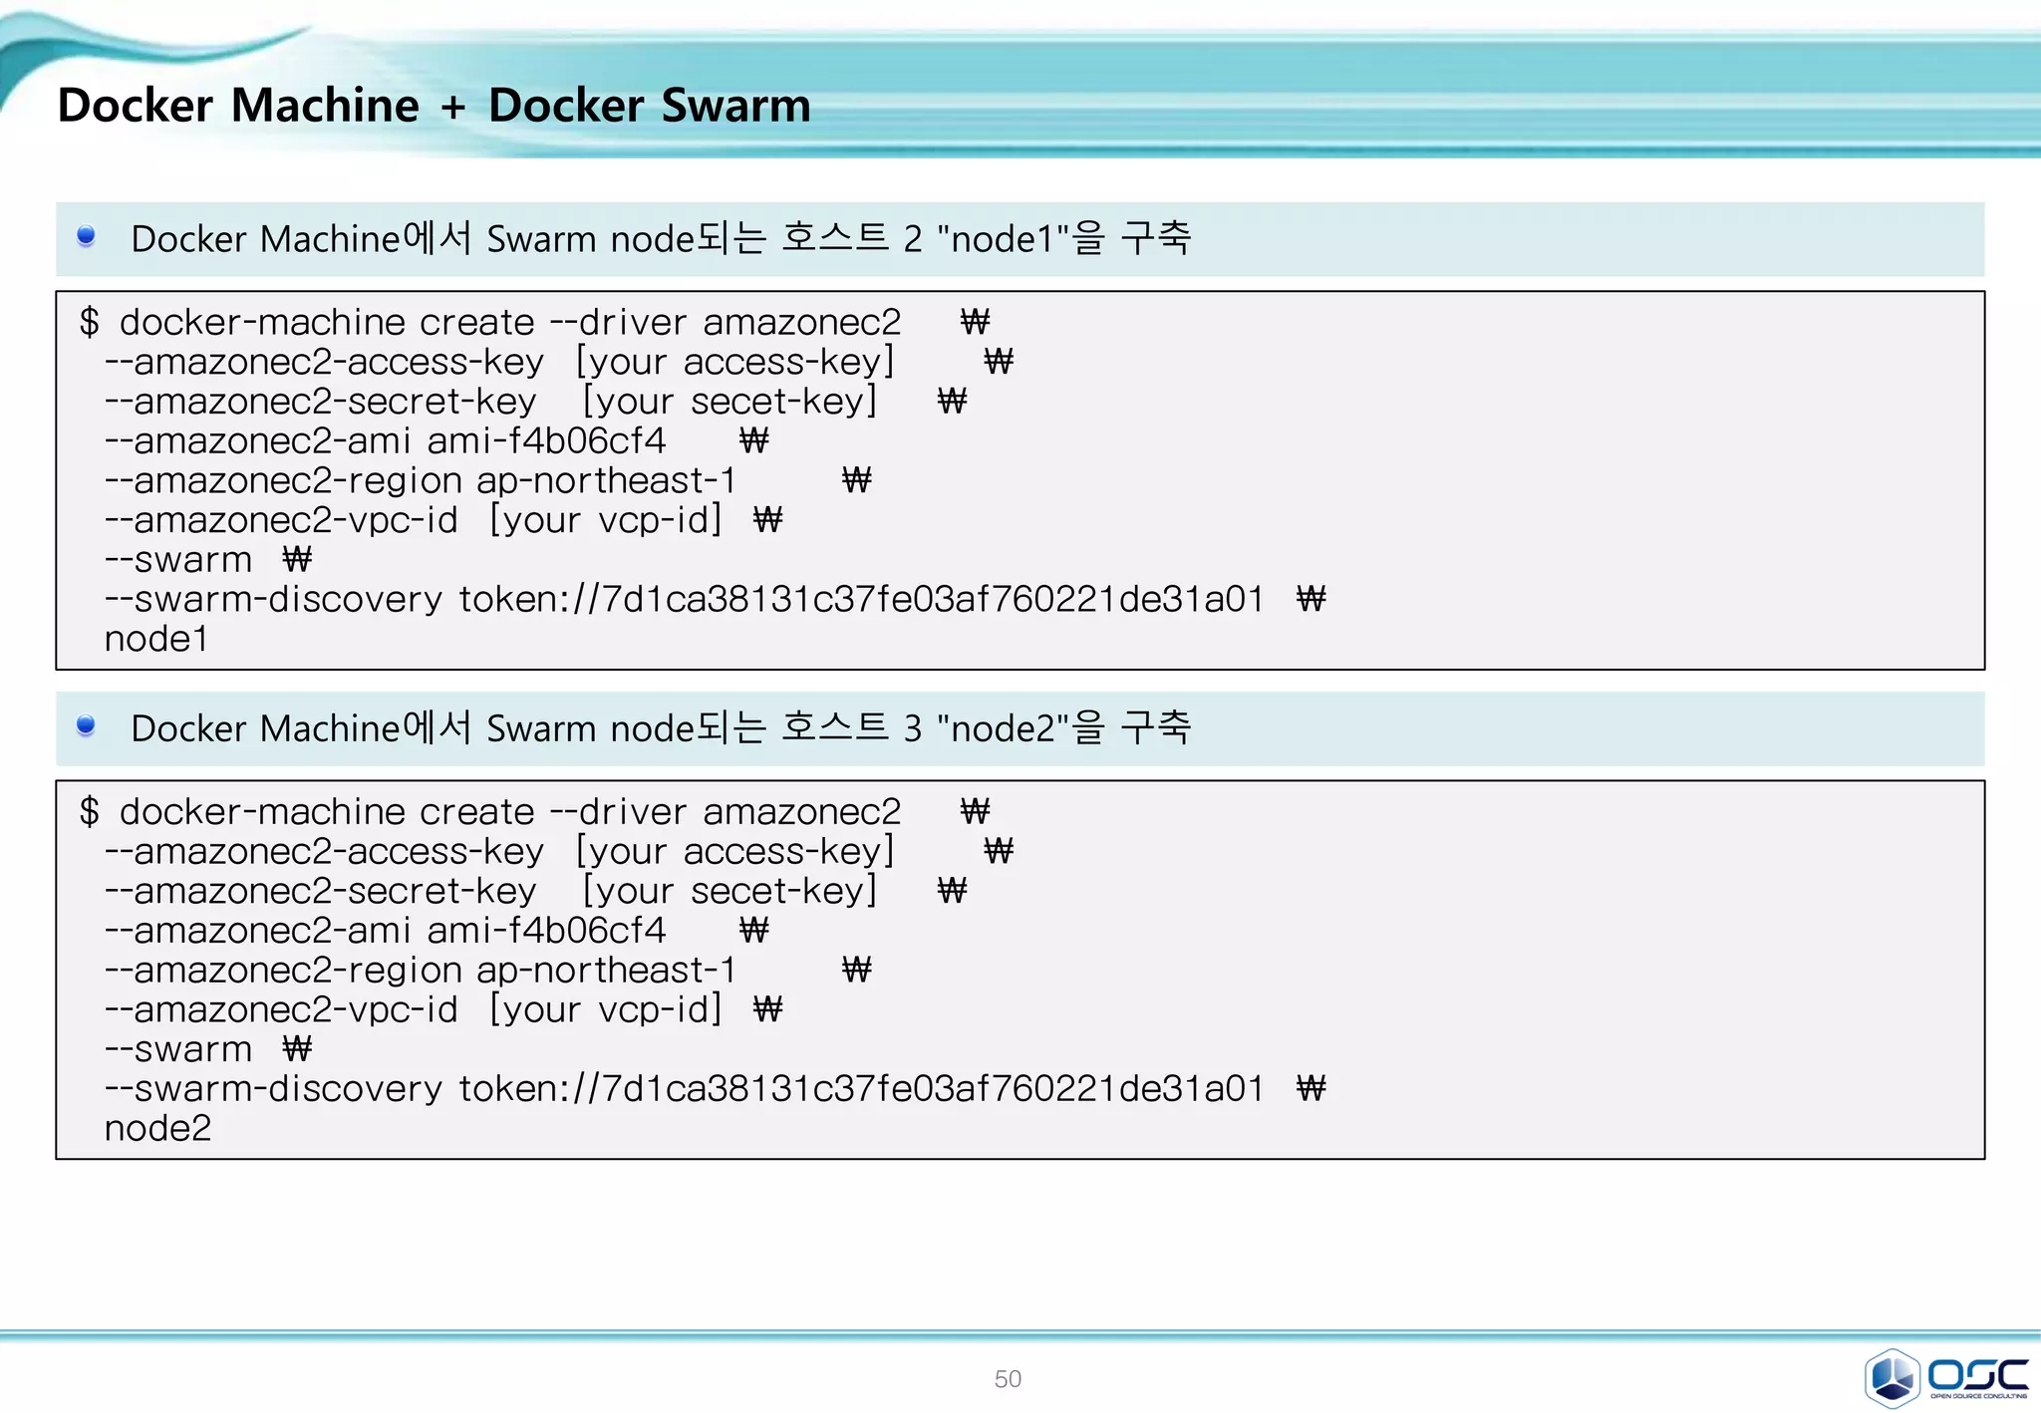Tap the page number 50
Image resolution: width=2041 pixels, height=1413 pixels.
(x=1008, y=1379)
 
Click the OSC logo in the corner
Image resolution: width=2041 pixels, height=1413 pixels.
(x=1945, y=1377)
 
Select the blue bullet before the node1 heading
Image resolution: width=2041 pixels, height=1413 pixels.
(x=86, y=236)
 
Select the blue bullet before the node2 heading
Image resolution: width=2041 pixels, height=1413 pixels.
(x=86, y=725)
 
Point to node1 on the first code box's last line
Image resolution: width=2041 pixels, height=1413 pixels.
(x=156, y=639)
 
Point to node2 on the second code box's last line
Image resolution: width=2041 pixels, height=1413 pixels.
(x=157, y=1128)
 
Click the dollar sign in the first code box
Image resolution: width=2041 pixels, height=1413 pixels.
(x=90, y=322)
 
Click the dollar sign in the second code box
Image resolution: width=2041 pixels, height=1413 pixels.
(x=90, y=811)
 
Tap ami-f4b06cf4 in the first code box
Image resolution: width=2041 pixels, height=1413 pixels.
(x=546, y=440)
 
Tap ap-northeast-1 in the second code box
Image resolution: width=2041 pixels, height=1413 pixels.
(x=606, y=970)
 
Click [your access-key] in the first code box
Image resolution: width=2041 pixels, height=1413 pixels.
(x=735, y=362)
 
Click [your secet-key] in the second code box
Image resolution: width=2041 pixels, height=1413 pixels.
(x=729, y=891)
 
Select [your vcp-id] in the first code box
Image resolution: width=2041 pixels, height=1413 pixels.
(x=605, y=520)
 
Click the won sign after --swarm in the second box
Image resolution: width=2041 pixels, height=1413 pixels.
(x=297, y=1048)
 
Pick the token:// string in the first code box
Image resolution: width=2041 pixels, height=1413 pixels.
(x=861, y=599)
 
